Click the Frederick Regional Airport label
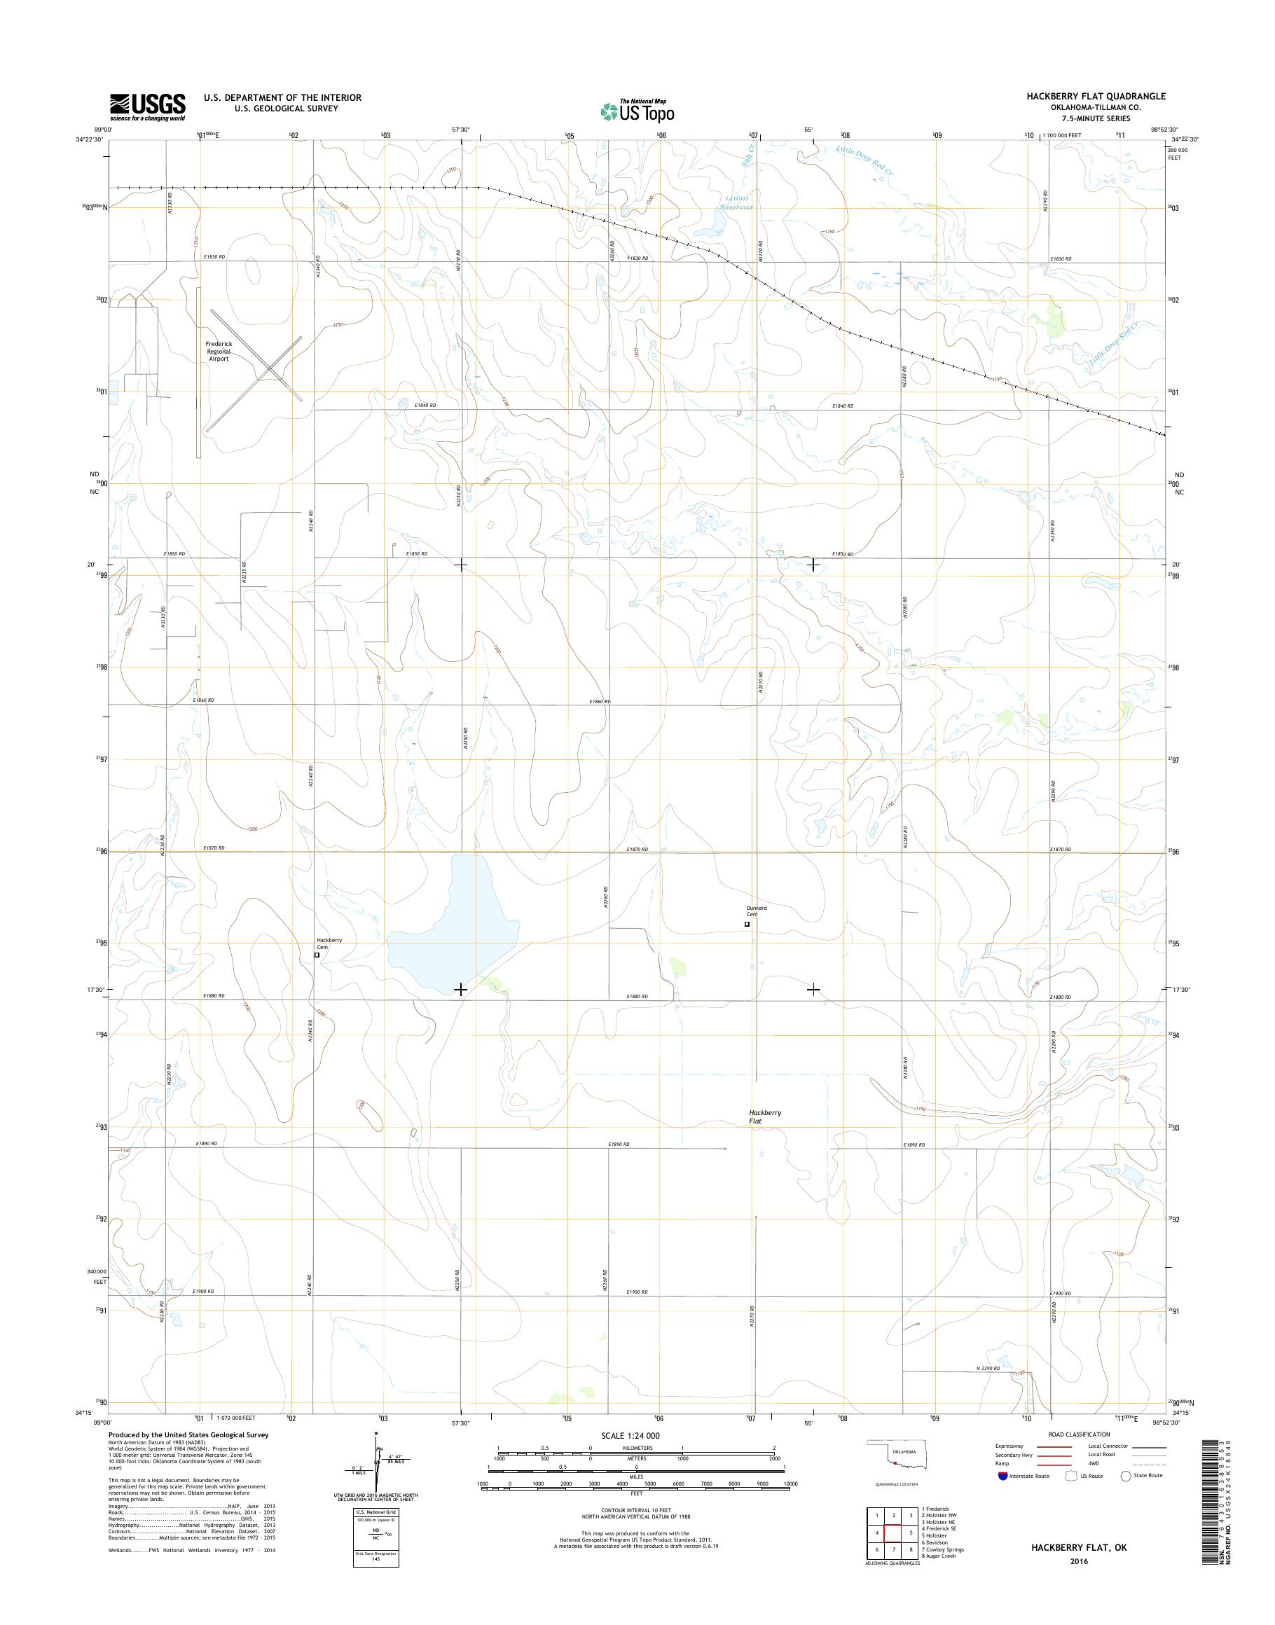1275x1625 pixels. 219,351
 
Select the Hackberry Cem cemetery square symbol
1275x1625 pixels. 317,954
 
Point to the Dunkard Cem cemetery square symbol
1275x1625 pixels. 747,924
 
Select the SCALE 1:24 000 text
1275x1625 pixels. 630,1435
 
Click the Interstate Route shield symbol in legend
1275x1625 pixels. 1002,1476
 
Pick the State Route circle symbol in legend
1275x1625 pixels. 1126,1476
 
